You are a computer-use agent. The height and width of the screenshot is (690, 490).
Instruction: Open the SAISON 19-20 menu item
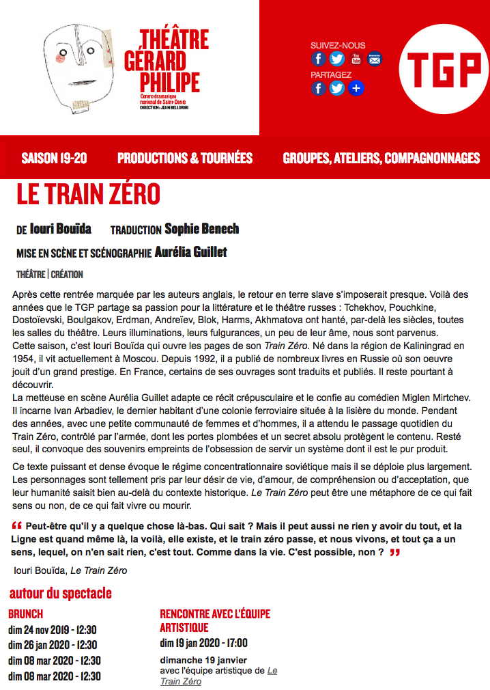coord(55,158)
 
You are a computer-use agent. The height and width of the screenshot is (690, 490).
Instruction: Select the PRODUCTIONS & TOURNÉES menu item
coord(185,158)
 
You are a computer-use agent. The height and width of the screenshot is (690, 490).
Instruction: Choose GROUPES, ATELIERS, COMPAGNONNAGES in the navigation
coord(381,158)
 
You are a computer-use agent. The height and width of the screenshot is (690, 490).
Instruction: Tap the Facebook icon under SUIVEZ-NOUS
coord(319,59)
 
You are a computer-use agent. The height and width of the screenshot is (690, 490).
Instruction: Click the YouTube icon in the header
coord(356,59)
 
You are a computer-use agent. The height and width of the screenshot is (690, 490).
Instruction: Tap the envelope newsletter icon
coord(375,59)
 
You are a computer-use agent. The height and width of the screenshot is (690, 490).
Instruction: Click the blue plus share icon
coord(356,88)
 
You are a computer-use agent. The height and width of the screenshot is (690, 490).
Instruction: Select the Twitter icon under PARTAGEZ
coord(337,88)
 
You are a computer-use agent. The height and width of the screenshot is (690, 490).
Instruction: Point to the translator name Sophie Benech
coord(202,229)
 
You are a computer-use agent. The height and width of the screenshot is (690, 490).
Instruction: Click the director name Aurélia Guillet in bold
coord(191,252)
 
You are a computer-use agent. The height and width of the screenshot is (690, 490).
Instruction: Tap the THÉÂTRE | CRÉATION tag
coord(50,275)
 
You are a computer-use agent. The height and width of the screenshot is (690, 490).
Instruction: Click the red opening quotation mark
coord(17,526)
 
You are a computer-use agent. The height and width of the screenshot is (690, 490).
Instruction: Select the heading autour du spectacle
coord(60,593)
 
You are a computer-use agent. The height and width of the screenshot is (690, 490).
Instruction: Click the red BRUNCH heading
coord(26,613)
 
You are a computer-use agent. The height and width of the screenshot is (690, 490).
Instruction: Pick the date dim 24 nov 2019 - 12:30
coord(53,629)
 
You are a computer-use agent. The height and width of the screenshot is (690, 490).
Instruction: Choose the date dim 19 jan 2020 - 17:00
coord(203,643)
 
